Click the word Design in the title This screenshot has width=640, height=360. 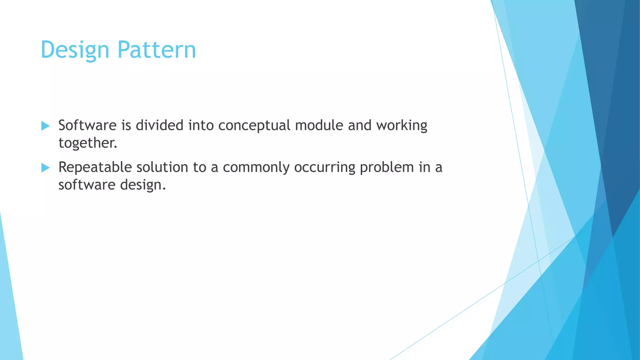tap(75, 50)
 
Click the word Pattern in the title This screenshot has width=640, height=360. tap(157, 50)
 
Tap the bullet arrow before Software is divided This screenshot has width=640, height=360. tap(45, 126)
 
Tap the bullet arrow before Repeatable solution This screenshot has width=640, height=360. tap(45, 168)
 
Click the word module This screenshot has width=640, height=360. tap(319, 126)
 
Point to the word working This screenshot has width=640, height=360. tap(402, 126)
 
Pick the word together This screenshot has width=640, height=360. tap(87, 143)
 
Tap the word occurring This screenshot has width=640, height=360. tap(324, 167)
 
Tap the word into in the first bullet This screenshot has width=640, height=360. tap(201, 126)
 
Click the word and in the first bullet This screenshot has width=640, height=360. tap(359, 126)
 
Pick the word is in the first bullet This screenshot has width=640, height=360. tap(126, 126)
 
